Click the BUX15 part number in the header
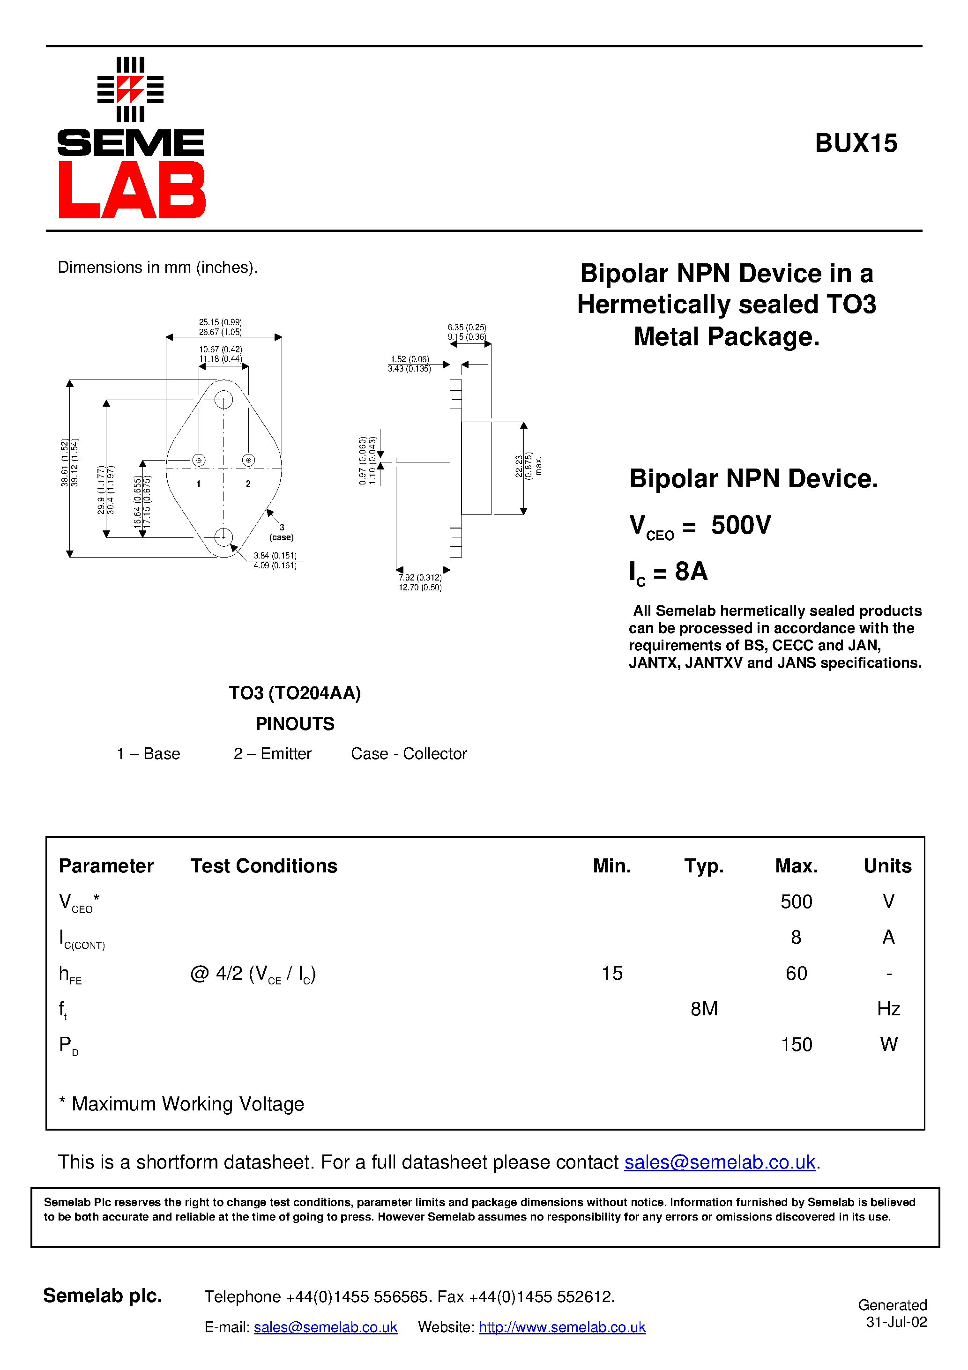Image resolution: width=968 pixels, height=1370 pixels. (856, 144)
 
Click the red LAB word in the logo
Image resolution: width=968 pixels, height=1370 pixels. (132, 190)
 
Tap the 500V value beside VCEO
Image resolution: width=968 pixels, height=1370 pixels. (741, 525)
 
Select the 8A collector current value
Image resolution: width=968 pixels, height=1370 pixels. (691, 572)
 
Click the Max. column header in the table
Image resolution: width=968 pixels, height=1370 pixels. (796, 866)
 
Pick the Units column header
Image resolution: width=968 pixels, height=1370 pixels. (887, 866)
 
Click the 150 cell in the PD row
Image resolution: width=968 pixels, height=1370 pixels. (796, 1044)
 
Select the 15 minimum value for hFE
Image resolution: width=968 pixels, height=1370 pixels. (612, 973)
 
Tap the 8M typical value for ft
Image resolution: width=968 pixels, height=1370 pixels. (704, 1009)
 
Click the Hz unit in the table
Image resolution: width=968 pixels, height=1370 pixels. (888, 1009)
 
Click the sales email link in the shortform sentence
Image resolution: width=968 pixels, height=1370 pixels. (719, 1162)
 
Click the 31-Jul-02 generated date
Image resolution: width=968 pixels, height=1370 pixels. (896, 1322)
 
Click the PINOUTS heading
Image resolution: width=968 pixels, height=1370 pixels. (295, 724)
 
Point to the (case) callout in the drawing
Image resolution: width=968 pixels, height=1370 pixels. (281, 537)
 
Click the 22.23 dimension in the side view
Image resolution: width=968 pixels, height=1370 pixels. (519, 466)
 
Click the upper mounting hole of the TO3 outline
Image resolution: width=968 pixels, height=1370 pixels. (223, 399)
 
